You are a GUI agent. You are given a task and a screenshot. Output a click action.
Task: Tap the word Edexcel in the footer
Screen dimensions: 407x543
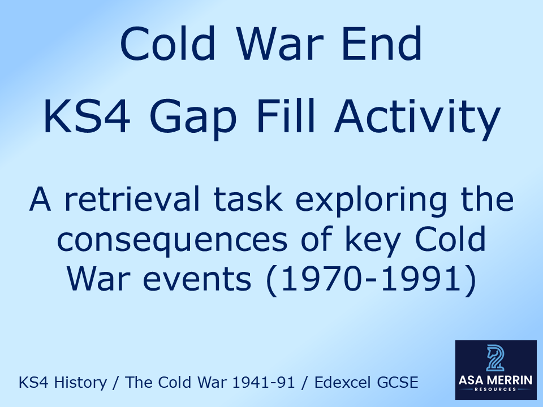pos(340,383)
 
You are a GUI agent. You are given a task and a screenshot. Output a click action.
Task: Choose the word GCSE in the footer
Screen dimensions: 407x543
pos(399,383)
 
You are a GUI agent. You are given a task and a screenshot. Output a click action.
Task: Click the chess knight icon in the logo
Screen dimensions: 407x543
pos(495,358)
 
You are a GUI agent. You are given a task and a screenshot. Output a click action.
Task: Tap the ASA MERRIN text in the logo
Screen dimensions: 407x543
pos(495,380)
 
